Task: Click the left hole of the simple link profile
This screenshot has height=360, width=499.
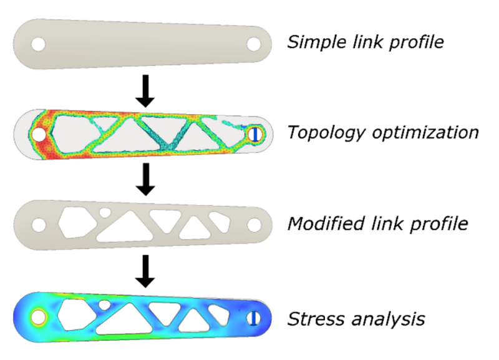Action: (x=39, y=44)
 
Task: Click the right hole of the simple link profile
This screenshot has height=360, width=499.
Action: (x=254, y=44)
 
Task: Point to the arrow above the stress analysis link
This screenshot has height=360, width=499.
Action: (x=145, y=270)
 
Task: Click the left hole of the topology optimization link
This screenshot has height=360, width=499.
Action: (x=39, y=134)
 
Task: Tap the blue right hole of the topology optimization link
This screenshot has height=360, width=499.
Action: (x=254, y=134)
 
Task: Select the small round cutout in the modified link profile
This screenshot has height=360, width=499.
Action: (x=106, y=213)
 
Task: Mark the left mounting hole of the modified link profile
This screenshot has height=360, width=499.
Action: (x=39, y=223)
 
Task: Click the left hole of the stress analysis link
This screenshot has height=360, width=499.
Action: (x=39, y=316)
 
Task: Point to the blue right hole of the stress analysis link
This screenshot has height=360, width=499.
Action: (x=254, y=317)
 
